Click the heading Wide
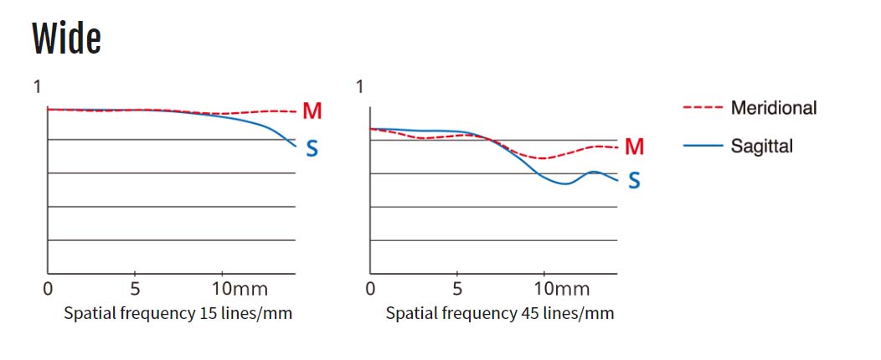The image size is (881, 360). [x=67, y=39]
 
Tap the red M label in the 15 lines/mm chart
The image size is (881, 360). [x=312, y=111]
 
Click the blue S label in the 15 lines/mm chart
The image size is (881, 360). [x=312, y=149]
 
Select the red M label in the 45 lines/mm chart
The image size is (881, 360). [x=634, y=147]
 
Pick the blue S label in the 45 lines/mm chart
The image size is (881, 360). [x=634, y=180]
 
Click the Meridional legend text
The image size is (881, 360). [x=773, y=107]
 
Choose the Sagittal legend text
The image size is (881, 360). [x=761, y=146]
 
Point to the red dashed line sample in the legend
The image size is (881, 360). [x=703, y=108]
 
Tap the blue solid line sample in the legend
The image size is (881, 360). [x=703, y=146]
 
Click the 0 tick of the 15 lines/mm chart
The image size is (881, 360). [x=48, y=290]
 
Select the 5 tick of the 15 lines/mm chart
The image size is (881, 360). [x=135, y=290]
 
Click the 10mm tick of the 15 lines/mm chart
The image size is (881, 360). [x=240, y=290]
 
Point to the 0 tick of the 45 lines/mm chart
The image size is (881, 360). [x=370, y=290]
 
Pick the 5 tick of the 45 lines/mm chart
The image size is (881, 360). [x=456, y=290]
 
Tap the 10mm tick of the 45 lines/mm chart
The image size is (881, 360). [x=563, y=290]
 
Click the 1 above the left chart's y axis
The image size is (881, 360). [x=37, y=86]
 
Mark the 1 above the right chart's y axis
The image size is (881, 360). [x=359, y=86]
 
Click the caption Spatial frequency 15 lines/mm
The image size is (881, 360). [x=178, y=314]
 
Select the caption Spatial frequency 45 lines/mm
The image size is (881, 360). [x=500, y=314]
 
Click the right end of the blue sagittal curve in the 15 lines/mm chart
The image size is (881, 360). [x=295, y=147]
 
